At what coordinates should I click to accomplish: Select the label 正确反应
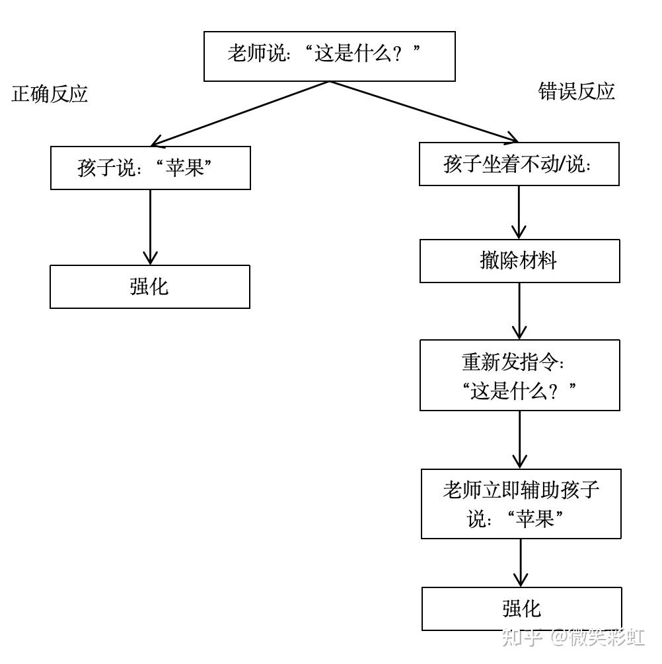[50, 94]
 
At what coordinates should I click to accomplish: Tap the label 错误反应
[576, 91]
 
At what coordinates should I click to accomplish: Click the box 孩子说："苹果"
[151, 168]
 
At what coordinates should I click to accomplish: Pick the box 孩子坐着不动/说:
[519, 164]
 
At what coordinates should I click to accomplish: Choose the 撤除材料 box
[519, 261]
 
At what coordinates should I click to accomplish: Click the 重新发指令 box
[520, 375]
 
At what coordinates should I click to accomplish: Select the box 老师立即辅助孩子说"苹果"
[521, 504]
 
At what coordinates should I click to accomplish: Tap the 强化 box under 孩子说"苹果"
[150, 286]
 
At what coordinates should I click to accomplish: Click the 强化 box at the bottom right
[521, 608]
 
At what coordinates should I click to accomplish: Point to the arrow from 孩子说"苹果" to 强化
[151, 227]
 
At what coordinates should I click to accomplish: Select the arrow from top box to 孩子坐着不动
[423, 112]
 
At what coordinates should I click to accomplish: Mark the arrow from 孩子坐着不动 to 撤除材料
[519, 212]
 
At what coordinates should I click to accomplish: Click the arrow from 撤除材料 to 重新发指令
[519, 311]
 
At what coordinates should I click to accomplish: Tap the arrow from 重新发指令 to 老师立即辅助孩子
[520, 440]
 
